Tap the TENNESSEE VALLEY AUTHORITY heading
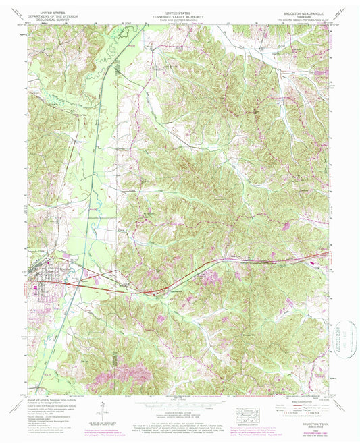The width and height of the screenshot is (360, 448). click(178, 16)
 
